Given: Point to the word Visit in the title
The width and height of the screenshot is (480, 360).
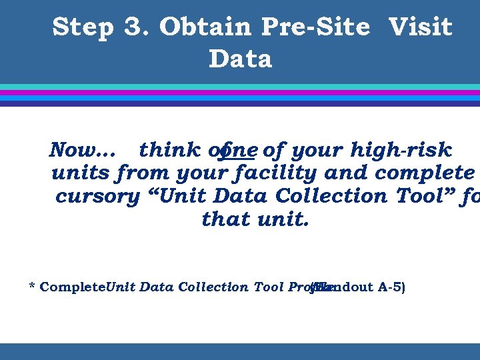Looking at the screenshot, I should [420, 28].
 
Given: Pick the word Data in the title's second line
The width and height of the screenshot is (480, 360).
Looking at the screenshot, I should [240, 59].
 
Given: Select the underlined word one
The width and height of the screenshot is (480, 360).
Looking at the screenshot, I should [239, 150].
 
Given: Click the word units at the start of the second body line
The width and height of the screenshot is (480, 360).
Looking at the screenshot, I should [81, 173].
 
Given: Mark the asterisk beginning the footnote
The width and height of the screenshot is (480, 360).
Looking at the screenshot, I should [32, 287].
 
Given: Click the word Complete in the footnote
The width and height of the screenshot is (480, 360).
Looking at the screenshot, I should [73, 287].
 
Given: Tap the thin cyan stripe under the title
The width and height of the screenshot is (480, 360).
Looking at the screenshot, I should [240, 87].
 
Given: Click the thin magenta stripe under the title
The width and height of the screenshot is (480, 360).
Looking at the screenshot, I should [240, 93].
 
